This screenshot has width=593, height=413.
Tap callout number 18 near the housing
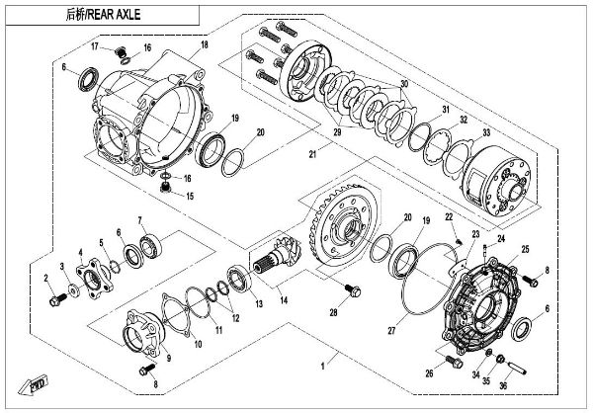click(x=205, y=45)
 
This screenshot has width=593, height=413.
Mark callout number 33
click(x=485, y=132)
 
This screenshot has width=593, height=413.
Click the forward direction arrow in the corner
click(x=37, y=383)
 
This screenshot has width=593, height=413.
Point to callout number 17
click(x=96, y=46)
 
